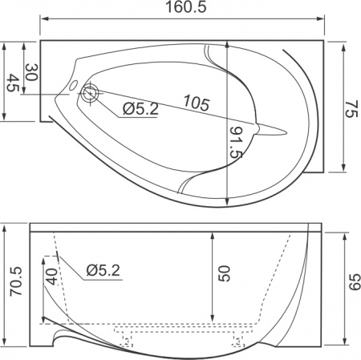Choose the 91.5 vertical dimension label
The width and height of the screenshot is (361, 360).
(x=237, y=143)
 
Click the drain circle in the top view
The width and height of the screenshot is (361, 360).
(x=90, y=94)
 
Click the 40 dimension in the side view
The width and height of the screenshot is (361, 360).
(x=51, y=277)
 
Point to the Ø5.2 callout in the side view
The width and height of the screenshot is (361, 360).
(x=102, y=271)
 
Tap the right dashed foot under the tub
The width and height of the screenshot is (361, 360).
(x=240, y=339)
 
